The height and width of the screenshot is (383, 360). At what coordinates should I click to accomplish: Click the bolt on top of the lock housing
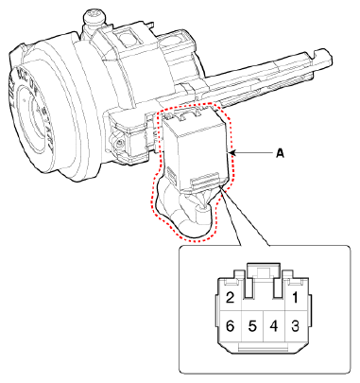click(x=94, y=16)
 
